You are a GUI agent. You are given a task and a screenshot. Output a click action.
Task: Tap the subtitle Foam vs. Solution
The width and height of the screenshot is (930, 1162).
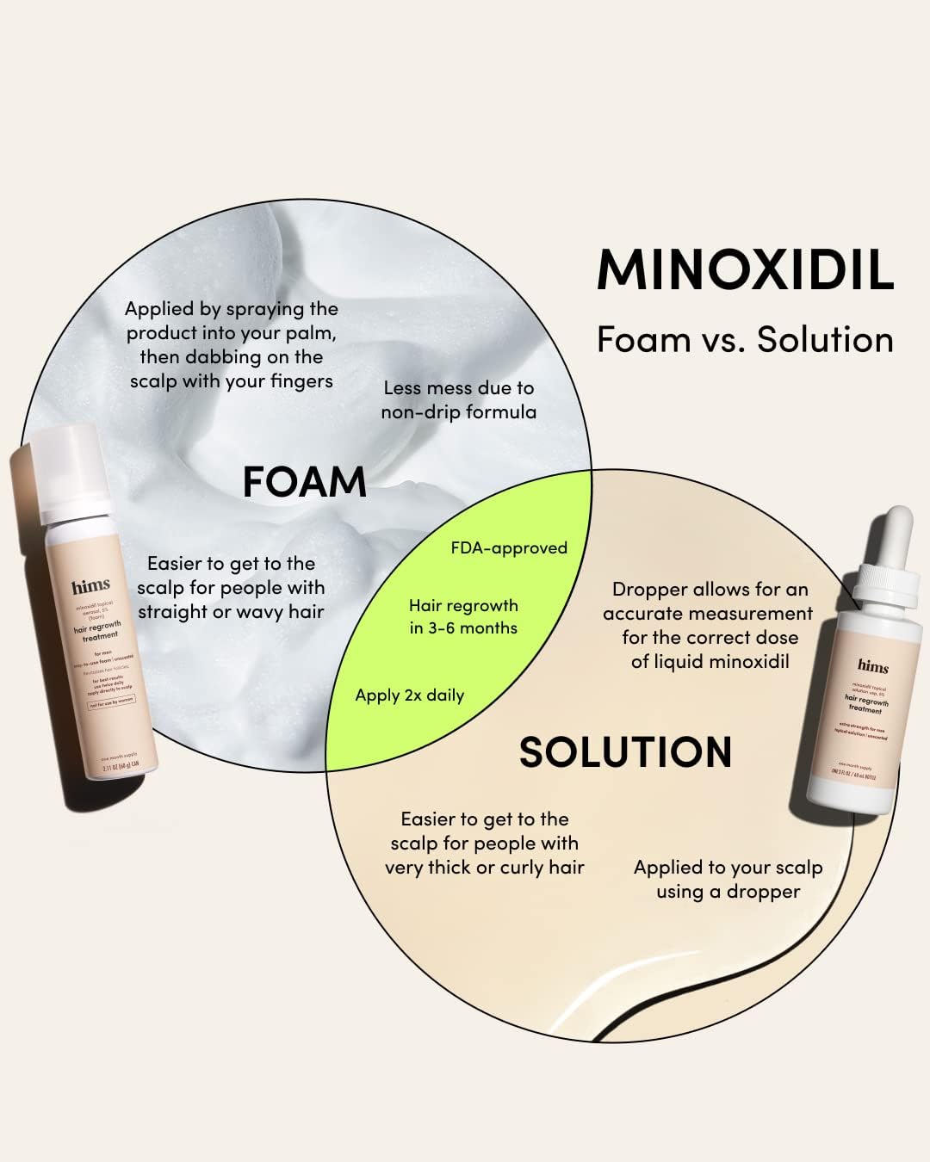tap(745, 340)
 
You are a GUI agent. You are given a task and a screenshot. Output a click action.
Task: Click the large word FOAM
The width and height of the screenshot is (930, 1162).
tap(305, 482)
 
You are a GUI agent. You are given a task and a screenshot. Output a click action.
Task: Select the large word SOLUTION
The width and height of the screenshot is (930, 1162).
tap(625, 752)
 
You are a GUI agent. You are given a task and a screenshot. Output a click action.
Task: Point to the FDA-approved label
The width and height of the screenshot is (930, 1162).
tap(509, 548)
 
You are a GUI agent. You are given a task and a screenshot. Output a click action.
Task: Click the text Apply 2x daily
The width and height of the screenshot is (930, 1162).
tap(410, 695)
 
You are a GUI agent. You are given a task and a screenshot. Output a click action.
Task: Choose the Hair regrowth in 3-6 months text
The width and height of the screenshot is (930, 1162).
tap(463, 617)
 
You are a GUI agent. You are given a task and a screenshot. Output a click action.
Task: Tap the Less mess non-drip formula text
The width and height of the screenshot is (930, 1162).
tap(458, 400)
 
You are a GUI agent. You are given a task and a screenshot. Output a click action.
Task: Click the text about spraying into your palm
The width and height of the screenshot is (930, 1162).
tap(232, 344)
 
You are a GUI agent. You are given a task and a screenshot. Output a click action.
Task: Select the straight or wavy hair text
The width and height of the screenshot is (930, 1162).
tap(231, 588)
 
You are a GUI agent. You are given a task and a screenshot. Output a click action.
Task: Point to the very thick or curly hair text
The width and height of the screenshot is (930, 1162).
tap(484, 844)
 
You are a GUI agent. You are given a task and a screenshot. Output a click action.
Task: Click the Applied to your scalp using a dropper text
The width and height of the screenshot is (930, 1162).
tap(728, 879)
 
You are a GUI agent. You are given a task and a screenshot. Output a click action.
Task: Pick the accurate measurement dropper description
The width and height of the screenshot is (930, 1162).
tap(708, 626)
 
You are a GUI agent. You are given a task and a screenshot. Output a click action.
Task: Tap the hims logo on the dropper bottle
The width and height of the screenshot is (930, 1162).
tap(872, 666)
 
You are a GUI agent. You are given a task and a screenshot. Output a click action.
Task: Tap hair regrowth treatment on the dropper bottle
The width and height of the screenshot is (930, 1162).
tap(866, 703)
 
